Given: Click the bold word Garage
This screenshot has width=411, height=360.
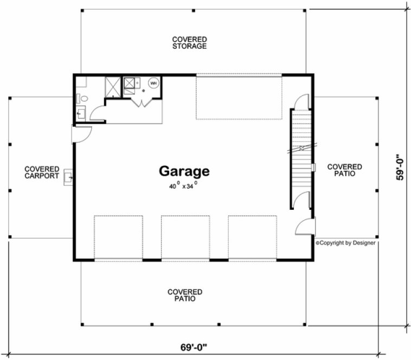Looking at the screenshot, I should pyautogui.click(x=184, y=172).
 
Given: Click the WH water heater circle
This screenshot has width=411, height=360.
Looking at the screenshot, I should pyautogui.click(x=153, y=83).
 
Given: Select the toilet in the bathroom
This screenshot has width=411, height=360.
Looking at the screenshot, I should pyautogui.click(x=79, y=98).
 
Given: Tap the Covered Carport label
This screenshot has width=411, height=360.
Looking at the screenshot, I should pyautogui.click(x=41, y=172).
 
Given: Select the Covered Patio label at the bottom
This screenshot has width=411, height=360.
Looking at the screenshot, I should pyautogui.click(x=185, y=295).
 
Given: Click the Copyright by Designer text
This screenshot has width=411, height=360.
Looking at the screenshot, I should pyautogui.click(x=345, y=243).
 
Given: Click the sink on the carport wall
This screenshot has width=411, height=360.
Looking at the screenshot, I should pyautogui.click(x=68, y=176).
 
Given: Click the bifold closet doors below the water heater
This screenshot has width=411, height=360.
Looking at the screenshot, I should pyautogui.click(x=142, y=102).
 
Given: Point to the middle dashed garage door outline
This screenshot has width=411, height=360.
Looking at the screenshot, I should pyautogui.click(x=185, y=237).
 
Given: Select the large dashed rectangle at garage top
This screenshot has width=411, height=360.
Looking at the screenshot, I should pyautogui.click(x=238, y=98).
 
